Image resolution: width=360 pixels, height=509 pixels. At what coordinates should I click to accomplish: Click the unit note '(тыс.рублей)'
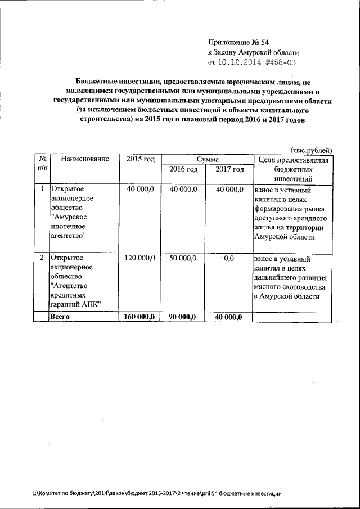coord(312,150)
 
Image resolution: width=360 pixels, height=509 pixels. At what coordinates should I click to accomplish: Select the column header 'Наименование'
coord(85,159)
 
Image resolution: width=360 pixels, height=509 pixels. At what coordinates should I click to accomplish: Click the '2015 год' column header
coord(140,159)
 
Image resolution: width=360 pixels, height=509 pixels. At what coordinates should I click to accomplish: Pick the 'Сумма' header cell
coord(207,160)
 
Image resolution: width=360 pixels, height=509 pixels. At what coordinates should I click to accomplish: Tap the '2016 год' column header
coord(183,169)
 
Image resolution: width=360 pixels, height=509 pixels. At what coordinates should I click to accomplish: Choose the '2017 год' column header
coord(229,169)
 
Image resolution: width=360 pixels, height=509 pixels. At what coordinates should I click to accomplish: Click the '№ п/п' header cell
coord(42,164)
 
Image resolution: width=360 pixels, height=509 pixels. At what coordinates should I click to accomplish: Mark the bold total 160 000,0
coord(139,317)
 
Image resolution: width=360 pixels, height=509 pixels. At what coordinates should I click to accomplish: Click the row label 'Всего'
coord(60,317)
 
